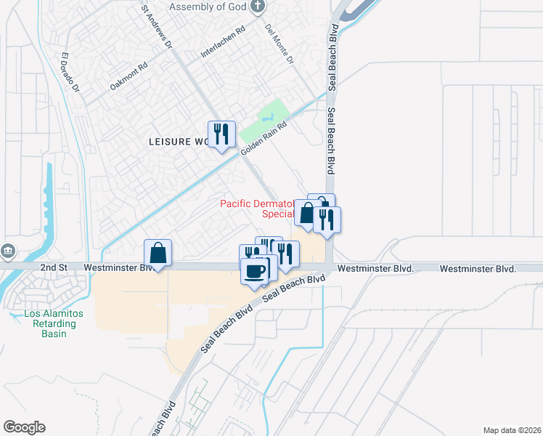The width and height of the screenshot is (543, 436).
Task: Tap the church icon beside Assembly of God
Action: pos(257,7)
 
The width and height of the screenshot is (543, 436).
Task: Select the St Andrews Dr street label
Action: pos(156,28)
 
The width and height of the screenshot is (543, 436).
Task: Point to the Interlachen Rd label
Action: pos(224,44)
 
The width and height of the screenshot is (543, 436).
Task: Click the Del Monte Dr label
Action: pos(279,45)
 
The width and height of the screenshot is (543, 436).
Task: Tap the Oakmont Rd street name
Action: pos(128,76)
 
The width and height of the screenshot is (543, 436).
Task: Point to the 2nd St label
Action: pos(53,268)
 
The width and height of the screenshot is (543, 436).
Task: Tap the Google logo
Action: pos(24,427)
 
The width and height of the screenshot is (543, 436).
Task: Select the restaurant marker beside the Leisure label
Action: pos(222,134)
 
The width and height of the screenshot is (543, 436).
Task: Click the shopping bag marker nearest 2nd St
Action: pos(158,254)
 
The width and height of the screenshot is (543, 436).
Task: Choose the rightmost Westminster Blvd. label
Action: pos(478,269)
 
